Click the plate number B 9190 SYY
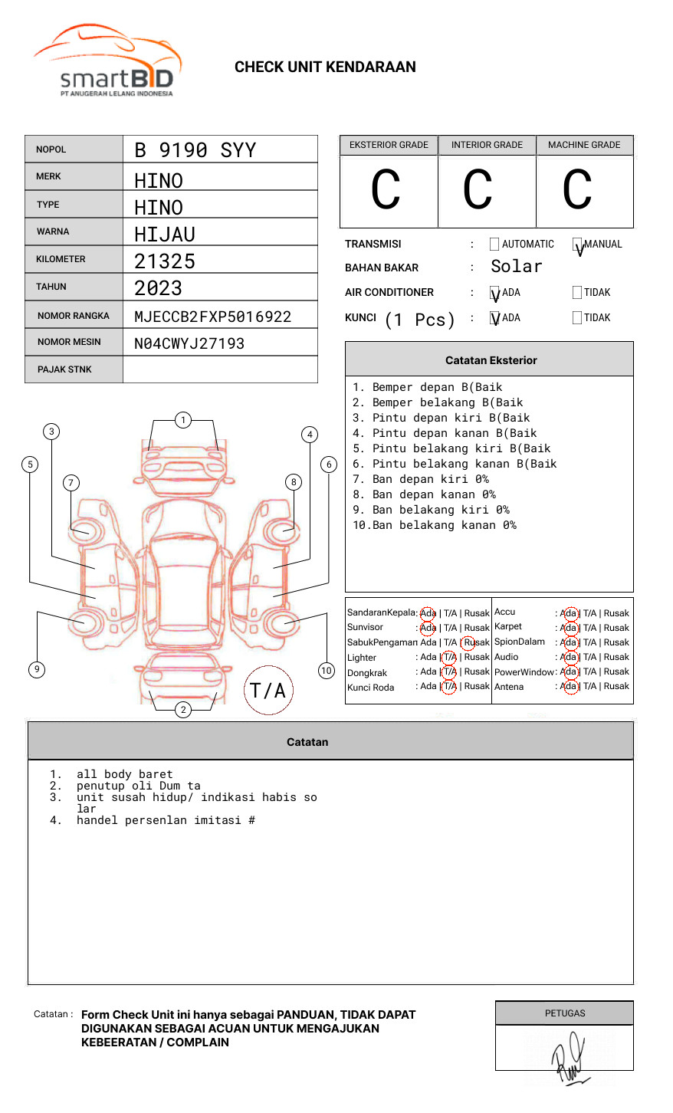click(x=195, y=150)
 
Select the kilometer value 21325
click(x=165, y=261)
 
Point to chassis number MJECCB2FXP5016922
click(x=212, y=317)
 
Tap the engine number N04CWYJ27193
click(x=189, y=343)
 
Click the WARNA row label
click(x=53, y=231)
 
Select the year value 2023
click(x=158, y=288)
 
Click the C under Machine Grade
click(x=577, y=190)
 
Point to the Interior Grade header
click(x=487, y=145)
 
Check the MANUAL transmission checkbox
click(x=577, y=245)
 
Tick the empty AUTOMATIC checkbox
click(x=494, y=245)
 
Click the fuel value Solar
click(x=516, y=267)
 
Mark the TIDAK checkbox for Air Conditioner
click(x=577, y=292)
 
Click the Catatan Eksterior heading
click(x=491, y=360)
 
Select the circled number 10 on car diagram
click(x=327, y=671)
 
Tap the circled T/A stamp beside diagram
click(x=268, y=690)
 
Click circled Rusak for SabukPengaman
click(x=476, y=642)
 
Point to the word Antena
click(x=509, y=687)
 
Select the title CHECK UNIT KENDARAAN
click(x=325, y=67)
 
